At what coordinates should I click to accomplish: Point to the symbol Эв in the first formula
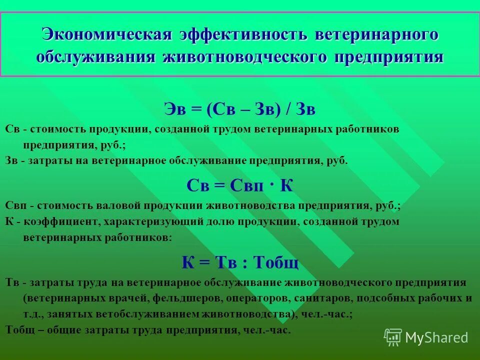[175, 108]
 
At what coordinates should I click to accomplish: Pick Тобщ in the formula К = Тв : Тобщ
[276, 261]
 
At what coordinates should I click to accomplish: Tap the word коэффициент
[55, 221]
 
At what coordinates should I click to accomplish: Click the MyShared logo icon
[392, 336]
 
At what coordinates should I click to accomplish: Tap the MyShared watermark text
[436, 337]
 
